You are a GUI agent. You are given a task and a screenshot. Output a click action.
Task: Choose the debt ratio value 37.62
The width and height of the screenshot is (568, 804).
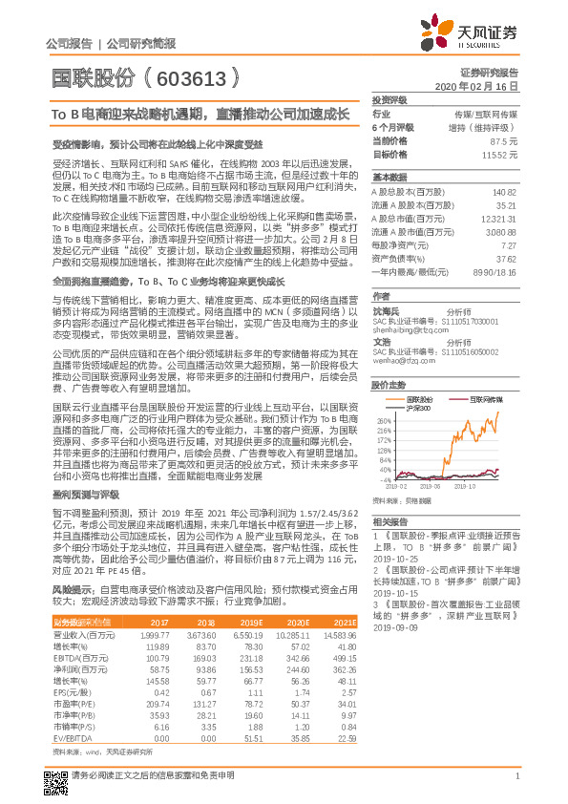[506, 259]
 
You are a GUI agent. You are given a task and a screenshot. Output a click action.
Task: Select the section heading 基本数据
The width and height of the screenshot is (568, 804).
[389, 178]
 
